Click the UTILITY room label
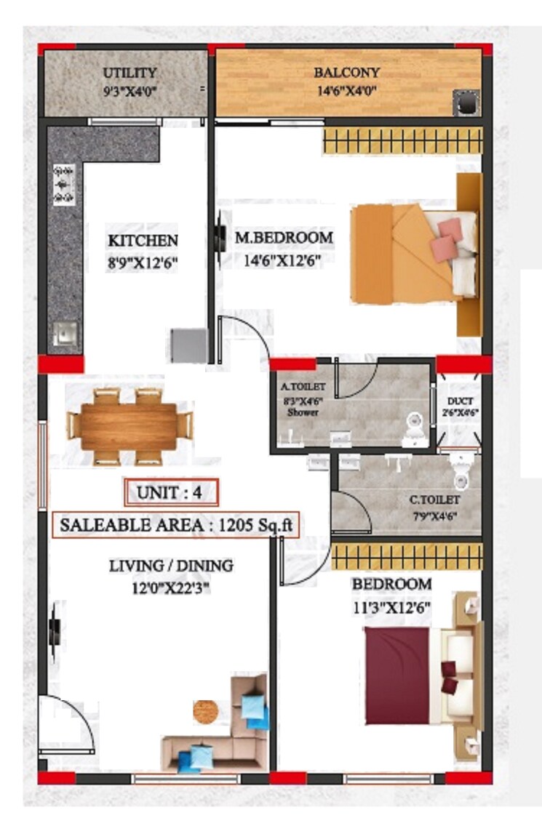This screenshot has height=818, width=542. (x=129, y=73)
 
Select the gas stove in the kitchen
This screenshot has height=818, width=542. (x=64, y=185)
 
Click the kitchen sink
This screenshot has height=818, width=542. (x=65, y=336)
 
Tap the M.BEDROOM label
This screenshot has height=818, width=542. (x=284, y=237)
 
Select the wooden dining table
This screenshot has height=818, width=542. (x=129, y=426)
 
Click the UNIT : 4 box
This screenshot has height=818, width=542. (x=172, y=493)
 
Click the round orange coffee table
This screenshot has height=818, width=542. (x=206, y=710)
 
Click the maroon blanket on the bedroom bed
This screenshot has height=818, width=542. (x=397, y=675)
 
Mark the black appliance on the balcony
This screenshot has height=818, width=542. (x=466, y=103)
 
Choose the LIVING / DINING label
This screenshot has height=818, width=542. (x=172, y=565)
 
